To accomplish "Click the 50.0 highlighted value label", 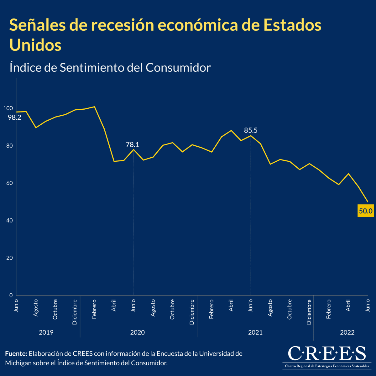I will click(365, 211).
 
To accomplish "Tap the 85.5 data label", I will click(251, 130).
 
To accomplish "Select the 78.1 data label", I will click(132, 144).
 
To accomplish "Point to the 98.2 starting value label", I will click(14, 118).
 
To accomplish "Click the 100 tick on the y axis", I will click(8, 108).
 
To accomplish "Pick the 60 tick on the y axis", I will click(10, 183).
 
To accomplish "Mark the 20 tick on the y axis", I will click(10, 258).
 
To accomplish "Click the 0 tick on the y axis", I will click(11, 295).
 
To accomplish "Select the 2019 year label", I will click(46, 332).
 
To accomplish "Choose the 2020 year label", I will click(137, 332).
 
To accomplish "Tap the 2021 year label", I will click(255, 332).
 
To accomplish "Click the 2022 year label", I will click(347, 332).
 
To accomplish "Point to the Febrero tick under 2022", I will click(328, 309).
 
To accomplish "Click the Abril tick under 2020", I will click(114, 305).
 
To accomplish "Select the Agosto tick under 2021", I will click(270, 308).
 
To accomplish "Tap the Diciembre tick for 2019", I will click(75, 312).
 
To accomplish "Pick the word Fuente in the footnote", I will click(16, 354).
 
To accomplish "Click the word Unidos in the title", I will click(35, 44).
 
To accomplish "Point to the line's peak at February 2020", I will click(95, 107).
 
